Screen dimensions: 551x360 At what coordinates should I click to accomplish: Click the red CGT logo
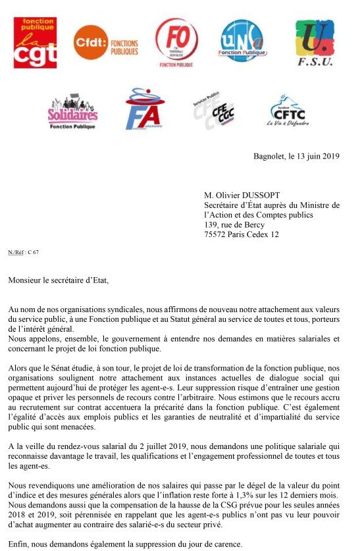tap(35, 42)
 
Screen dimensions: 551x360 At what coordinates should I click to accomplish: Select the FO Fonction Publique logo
tap(176, 41)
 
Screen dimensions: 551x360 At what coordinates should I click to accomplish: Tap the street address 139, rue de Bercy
tap(234, 224)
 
